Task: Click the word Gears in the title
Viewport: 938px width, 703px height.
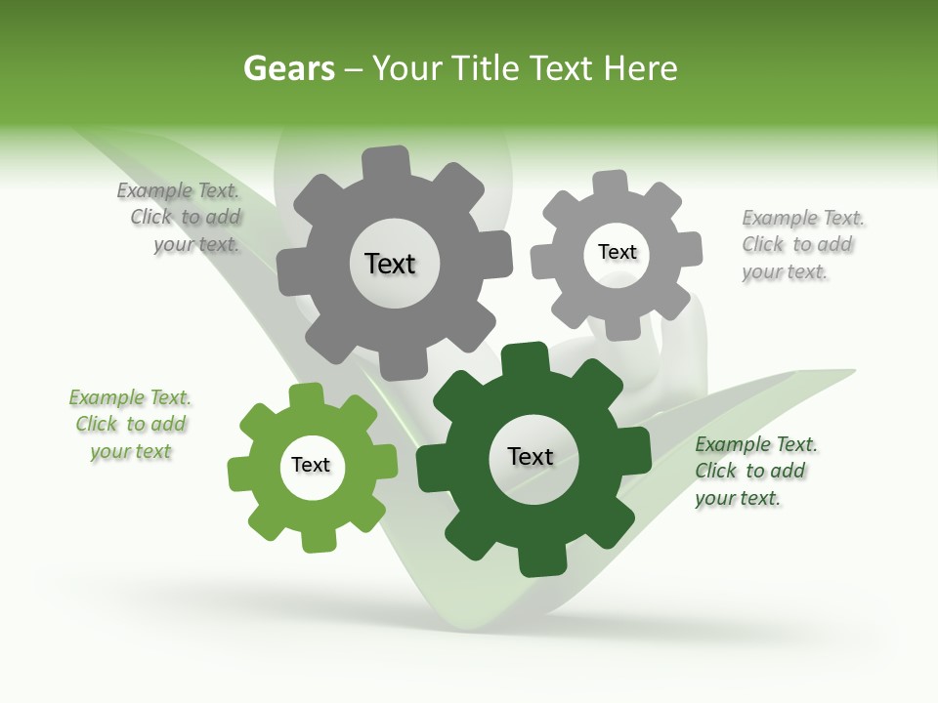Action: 289,68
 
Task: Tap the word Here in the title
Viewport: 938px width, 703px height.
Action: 640,68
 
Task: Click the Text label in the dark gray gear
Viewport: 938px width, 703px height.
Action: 390,264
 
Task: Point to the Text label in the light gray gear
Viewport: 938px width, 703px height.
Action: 617,252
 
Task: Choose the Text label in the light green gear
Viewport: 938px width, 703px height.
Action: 311,465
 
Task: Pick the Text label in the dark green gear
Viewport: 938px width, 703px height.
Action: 531,456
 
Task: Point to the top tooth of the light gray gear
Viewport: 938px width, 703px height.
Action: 611,183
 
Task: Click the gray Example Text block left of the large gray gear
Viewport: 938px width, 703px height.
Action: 185,218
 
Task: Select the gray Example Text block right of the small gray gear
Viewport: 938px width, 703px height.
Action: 801,244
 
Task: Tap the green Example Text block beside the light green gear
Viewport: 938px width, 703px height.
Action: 130,424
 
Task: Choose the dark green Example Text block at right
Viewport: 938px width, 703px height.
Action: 754,471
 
